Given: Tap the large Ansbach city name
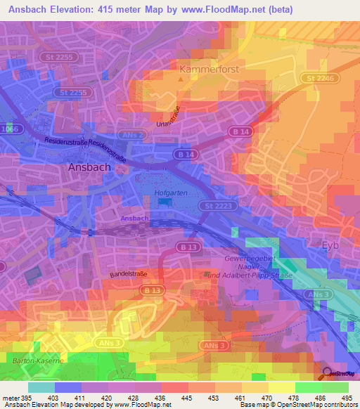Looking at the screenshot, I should point(88,168).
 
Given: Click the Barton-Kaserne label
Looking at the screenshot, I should point(37,361).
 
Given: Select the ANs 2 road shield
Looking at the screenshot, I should point(133,134).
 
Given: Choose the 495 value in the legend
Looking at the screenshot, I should point(347,398).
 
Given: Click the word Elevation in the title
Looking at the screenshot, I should point(81,10).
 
